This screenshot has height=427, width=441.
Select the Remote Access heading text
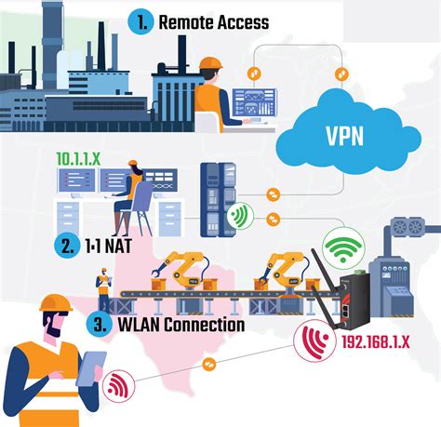click(213, 22)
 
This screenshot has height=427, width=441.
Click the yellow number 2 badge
click(65, 247)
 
